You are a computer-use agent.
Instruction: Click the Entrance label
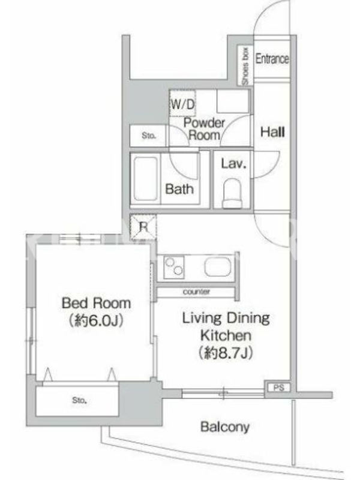point(272,58)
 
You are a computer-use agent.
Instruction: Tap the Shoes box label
point(245,66)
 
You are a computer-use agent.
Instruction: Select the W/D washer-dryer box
point(182,103)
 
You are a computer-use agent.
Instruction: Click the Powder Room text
point(204,129)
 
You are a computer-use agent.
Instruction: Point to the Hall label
point(272,132)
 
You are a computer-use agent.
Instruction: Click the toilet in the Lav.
point(233,194)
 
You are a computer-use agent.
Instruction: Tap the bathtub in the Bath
point(146,178)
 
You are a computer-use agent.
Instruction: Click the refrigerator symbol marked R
point(143,227)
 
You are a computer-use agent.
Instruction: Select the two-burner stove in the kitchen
point(173,267)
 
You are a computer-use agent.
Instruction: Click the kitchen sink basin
point(218,266)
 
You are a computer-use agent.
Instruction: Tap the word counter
point(196,292)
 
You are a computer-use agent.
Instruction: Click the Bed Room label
point(97,303)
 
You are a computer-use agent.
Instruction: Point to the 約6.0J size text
point(97,320)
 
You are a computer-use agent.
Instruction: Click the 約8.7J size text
point(226,353)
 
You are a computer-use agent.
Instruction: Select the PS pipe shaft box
point(278,388)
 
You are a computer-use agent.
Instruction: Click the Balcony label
point(225,427)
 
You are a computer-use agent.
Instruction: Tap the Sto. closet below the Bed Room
point(77,400)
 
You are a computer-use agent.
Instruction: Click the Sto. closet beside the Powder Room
point(148,136)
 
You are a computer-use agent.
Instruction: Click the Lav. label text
point(233,164)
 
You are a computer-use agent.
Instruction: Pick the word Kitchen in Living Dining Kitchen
point(226,335)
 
